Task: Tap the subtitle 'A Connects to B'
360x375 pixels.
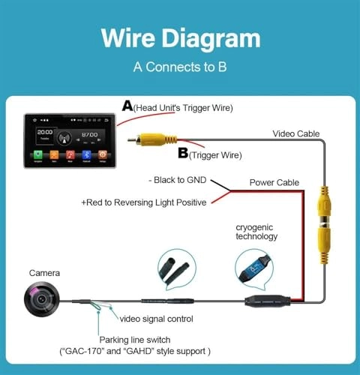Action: [x=181, y=66]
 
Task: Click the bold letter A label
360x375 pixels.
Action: [x=128, y=107]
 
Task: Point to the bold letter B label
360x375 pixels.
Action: [x=182, y=154]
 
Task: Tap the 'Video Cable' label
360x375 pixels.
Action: [x=295, y=133]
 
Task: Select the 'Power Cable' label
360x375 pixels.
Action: [x=274, y=181]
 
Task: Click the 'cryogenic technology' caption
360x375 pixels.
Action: [x=256, y=230]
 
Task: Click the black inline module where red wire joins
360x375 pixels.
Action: [x=265, y=302]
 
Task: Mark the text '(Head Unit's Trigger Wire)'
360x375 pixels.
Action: [x=184, y=109]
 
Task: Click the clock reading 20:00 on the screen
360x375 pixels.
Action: [x=43, y=130]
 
